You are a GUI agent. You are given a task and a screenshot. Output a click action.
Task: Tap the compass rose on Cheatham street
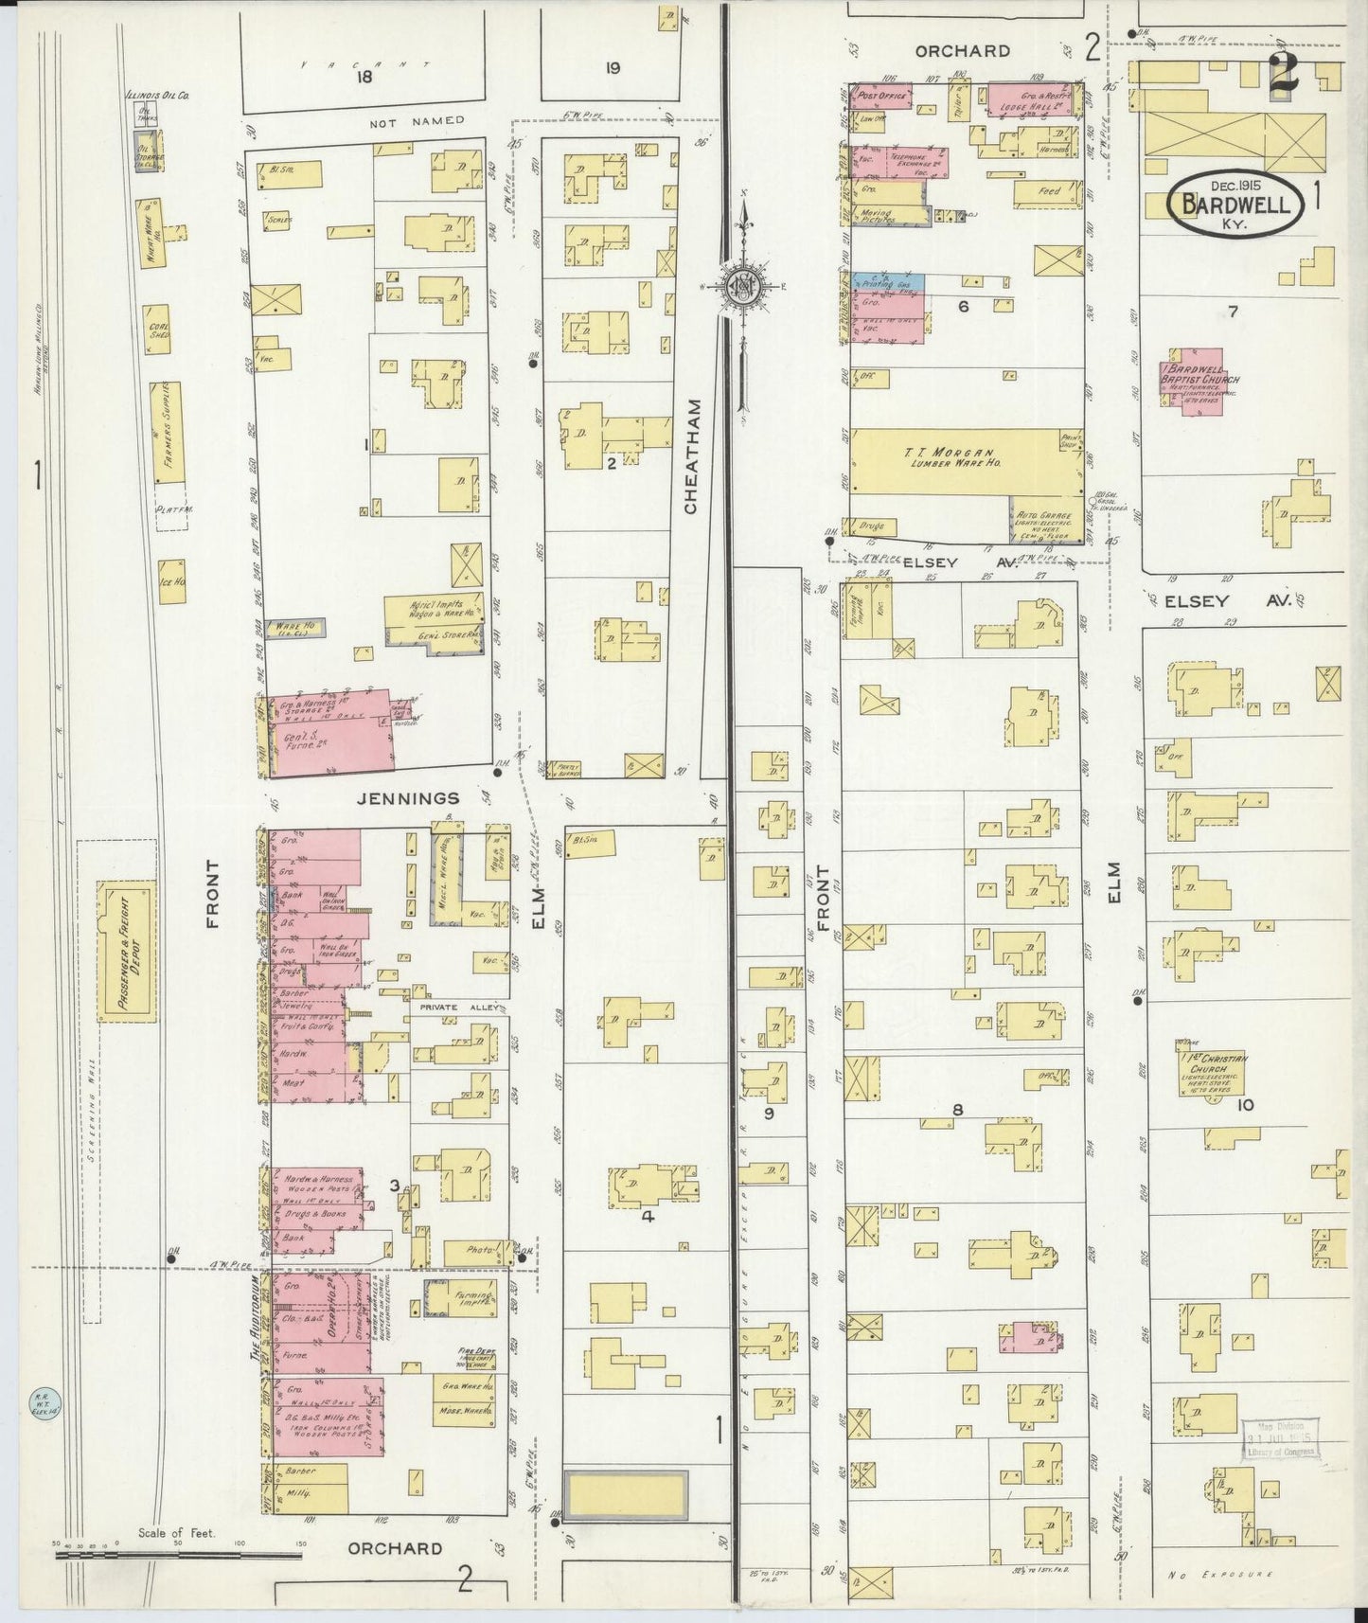[744, 285]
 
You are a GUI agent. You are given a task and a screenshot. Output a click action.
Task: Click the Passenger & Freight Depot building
[126, 952]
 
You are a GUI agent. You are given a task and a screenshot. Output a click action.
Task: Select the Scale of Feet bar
[177, 1553]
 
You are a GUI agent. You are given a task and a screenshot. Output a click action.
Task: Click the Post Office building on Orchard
[881, 96]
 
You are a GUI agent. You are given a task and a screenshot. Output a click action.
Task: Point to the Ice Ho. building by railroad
[171, 580]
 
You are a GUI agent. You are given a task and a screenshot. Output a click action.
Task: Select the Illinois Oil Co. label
[157, 96]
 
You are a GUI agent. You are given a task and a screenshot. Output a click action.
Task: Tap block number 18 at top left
[364, 78]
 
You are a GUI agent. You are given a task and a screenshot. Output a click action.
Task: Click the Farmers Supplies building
[171, 431]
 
